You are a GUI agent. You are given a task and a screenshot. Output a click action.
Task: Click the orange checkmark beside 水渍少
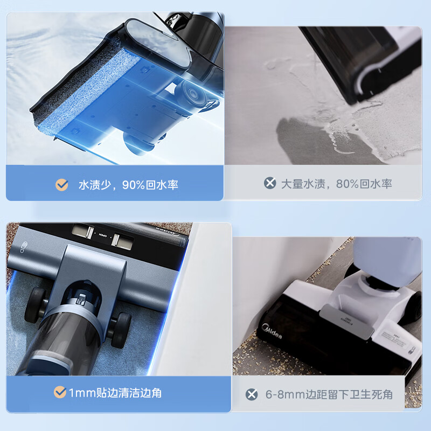[x=62, y=185]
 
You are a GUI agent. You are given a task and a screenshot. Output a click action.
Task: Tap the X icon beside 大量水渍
[x=270, y=183]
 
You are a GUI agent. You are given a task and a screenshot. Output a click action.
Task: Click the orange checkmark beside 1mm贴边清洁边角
[x=60, y=392]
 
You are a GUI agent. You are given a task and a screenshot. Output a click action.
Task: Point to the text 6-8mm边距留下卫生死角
[x=329, y=394]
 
